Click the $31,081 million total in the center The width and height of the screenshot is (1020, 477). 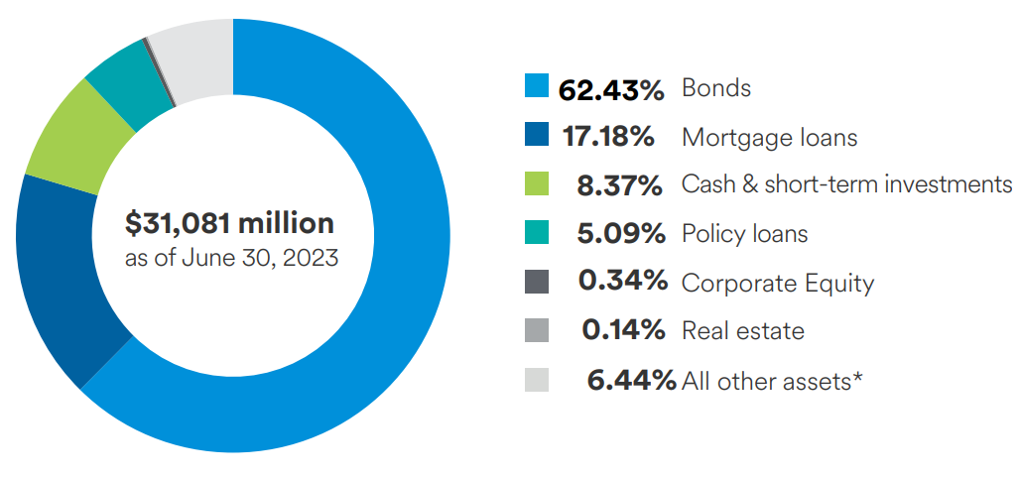point(229,223)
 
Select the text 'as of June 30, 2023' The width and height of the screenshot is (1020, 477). point(231,259)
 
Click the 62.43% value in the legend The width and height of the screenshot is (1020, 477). point(610,89)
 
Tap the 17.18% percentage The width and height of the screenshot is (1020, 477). point(608,137)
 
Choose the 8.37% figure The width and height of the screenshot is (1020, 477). point(620,185)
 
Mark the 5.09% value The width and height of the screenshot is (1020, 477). point(620,234)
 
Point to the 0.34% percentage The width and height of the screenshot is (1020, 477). point(622,282)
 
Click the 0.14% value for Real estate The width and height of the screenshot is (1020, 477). point(622,330)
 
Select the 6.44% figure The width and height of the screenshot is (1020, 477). point(631,379)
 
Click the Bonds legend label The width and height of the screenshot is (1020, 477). point(715,88)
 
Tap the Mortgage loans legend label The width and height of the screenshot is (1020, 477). point(769,137)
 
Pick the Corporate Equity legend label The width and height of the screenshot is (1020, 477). point(777,284)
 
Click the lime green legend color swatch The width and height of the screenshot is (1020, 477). point(536,184)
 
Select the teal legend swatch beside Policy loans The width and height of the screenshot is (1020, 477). point(536,233)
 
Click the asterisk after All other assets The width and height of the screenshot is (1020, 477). point(855,376)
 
